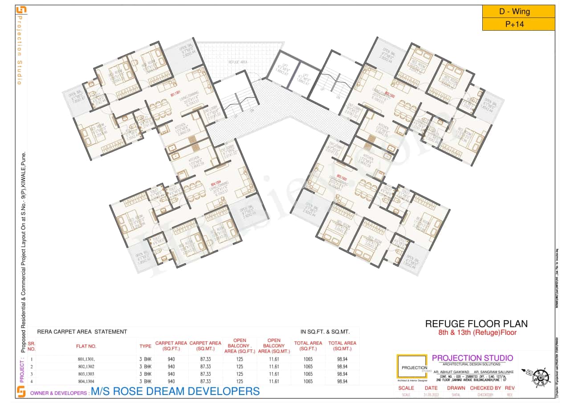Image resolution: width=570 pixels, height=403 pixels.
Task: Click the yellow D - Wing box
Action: click(518, 12)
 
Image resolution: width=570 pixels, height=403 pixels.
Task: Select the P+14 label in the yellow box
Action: click(518, 24)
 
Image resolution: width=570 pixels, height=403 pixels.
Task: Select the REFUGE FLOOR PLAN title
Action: click(476, 324)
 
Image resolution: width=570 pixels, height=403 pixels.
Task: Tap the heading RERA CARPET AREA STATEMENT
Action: click(82, 332)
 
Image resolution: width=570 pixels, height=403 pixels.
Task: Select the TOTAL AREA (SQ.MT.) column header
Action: click(342, 346)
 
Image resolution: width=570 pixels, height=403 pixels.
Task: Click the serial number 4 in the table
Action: click(32, 382)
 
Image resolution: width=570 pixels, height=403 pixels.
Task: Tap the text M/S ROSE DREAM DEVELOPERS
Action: click(175, 391)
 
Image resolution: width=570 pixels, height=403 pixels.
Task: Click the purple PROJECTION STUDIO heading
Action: click(472, 358)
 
